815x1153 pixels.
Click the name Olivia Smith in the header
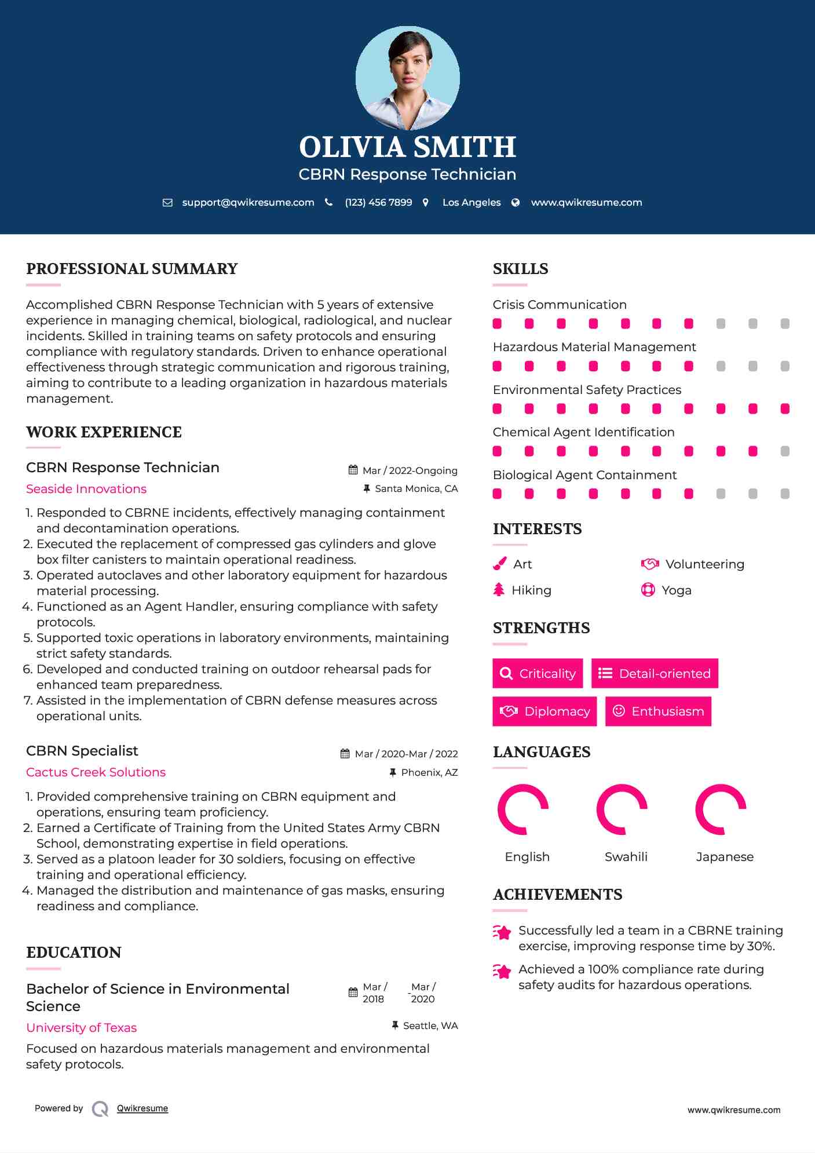(x=407, y=147)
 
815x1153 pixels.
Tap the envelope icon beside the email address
(x=167, y=203)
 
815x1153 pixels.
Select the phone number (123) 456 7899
(x=378, y=203)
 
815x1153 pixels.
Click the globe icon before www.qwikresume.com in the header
(x=516, y=203)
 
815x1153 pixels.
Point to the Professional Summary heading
(x=132, y=269)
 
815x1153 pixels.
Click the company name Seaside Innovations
(x=86, y=489)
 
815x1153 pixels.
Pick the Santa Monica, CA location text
(x=416, y=489)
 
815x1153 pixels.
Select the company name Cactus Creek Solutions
(x=96, y=772)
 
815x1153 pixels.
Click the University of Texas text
(x=81, y=1028)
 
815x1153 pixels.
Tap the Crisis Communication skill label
(x=560, y=305)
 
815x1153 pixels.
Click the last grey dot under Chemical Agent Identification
(x=785, y=451)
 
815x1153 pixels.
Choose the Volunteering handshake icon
(x=650, y=564)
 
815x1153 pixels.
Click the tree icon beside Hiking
(x=499, y=590)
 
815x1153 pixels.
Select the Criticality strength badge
(x=538, y=673)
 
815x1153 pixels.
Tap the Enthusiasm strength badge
(x=658, y=711)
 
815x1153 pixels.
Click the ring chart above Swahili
(x=622, y=809)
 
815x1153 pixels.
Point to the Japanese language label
(x=725, y=857)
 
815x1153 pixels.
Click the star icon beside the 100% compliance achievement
(x=502, y=971)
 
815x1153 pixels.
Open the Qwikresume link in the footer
(x=142, y=1108)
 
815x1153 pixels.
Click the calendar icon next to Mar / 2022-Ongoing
(x=353, y=470)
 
